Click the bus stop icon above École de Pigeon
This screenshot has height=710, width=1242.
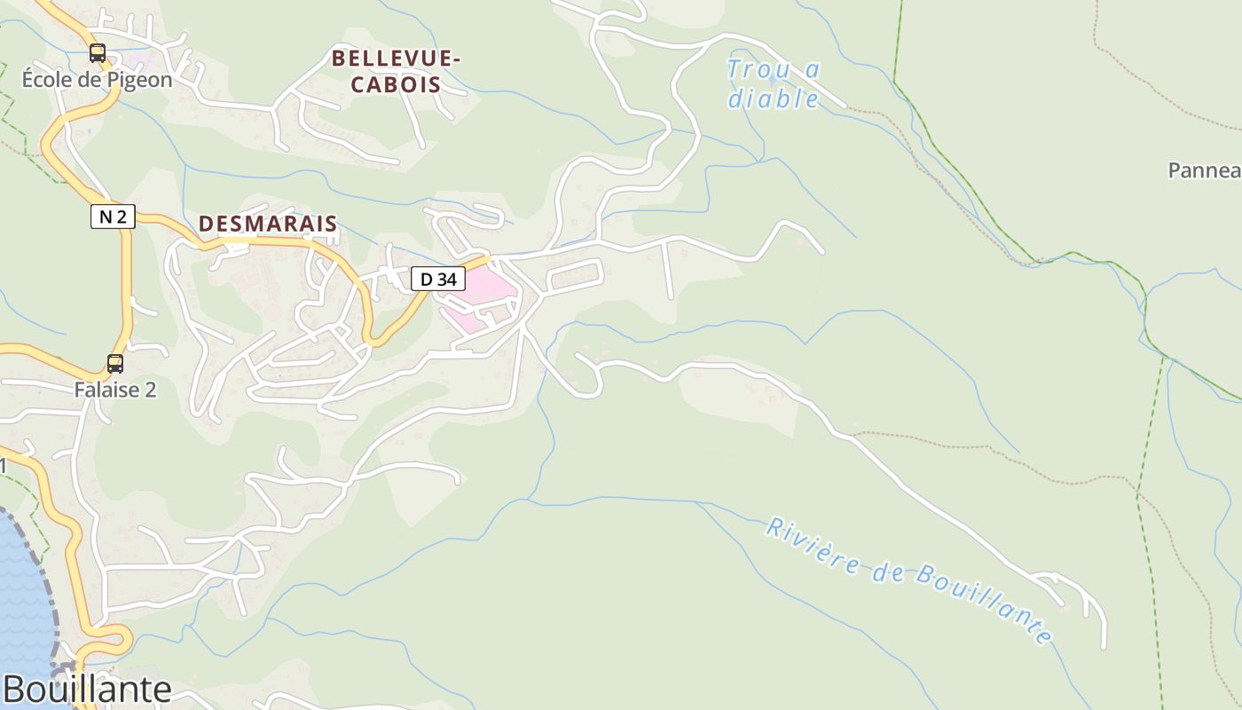point(98,53)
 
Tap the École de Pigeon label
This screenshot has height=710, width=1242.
point(97,79)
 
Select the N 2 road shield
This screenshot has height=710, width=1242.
point(113,216)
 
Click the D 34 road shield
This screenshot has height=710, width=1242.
point(438,279)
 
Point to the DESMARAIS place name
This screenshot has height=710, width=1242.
point(268,224)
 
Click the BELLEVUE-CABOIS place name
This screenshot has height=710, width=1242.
point(397,72)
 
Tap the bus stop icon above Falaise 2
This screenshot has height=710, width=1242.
point(115,363)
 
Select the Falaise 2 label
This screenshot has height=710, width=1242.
point(115,390)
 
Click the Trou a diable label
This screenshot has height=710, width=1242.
point(774,83)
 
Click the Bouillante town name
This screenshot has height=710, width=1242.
point(87,690)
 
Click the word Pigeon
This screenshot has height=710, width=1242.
point(139,79)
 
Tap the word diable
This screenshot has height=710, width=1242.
point(774,98)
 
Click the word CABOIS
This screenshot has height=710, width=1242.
point(397,85)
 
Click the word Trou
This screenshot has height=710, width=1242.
point(755,69)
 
